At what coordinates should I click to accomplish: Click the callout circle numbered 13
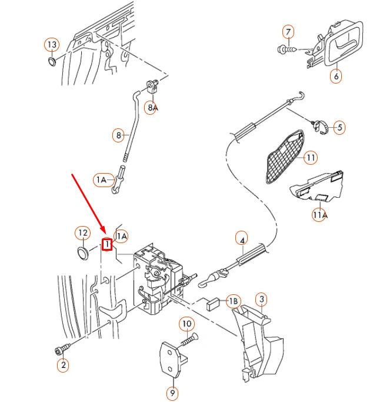(52, 44)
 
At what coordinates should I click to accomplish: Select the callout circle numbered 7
(288, 31)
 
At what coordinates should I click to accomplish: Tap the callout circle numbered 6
(336, 76)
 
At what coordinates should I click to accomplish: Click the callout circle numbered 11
(311, 157)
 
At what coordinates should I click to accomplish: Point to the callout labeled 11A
(319, 215)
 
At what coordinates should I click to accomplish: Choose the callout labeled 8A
(152, 107)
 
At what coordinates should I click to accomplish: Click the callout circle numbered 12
(83, 234)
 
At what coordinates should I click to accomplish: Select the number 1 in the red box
(107, 244)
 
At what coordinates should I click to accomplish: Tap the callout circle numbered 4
(242, 238)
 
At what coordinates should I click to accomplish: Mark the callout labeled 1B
(234, 301)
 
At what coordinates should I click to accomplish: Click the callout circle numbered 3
(262, 300)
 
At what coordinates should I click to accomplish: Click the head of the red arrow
(104, 234)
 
